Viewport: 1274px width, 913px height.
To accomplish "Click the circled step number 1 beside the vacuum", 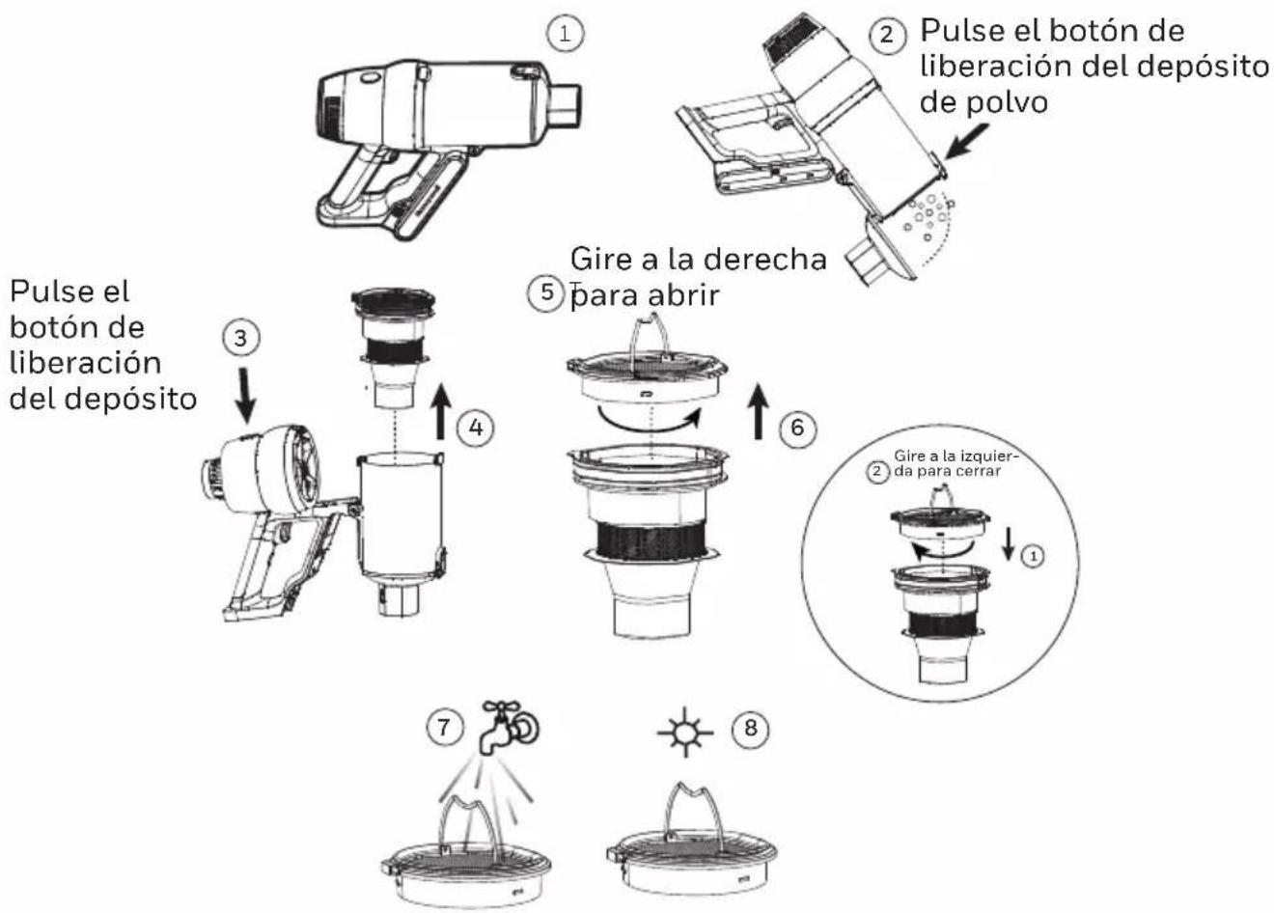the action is pos(565,34).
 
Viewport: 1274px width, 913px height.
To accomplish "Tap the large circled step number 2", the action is pos(887,36).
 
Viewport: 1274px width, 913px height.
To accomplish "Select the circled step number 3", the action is pos(240,339).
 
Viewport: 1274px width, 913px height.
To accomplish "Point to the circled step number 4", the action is pos(476,428).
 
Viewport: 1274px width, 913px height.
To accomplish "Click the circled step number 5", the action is pos(546,292).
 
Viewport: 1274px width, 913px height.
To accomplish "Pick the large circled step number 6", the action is pos(797,428).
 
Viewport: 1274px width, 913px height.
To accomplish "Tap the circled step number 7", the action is pos(444,727).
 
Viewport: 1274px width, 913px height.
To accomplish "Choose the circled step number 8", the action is pos(750,728).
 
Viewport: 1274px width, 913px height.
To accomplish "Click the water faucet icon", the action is pos(508,728).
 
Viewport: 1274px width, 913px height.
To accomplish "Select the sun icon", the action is pos(685,733).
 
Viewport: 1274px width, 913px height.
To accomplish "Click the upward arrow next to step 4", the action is pos(440,411).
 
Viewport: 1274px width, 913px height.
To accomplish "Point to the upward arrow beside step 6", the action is pos(758,411).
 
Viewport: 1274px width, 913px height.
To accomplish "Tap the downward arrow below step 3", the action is pos(246,396).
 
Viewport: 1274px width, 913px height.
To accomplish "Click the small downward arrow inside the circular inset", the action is pos(1009,544).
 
